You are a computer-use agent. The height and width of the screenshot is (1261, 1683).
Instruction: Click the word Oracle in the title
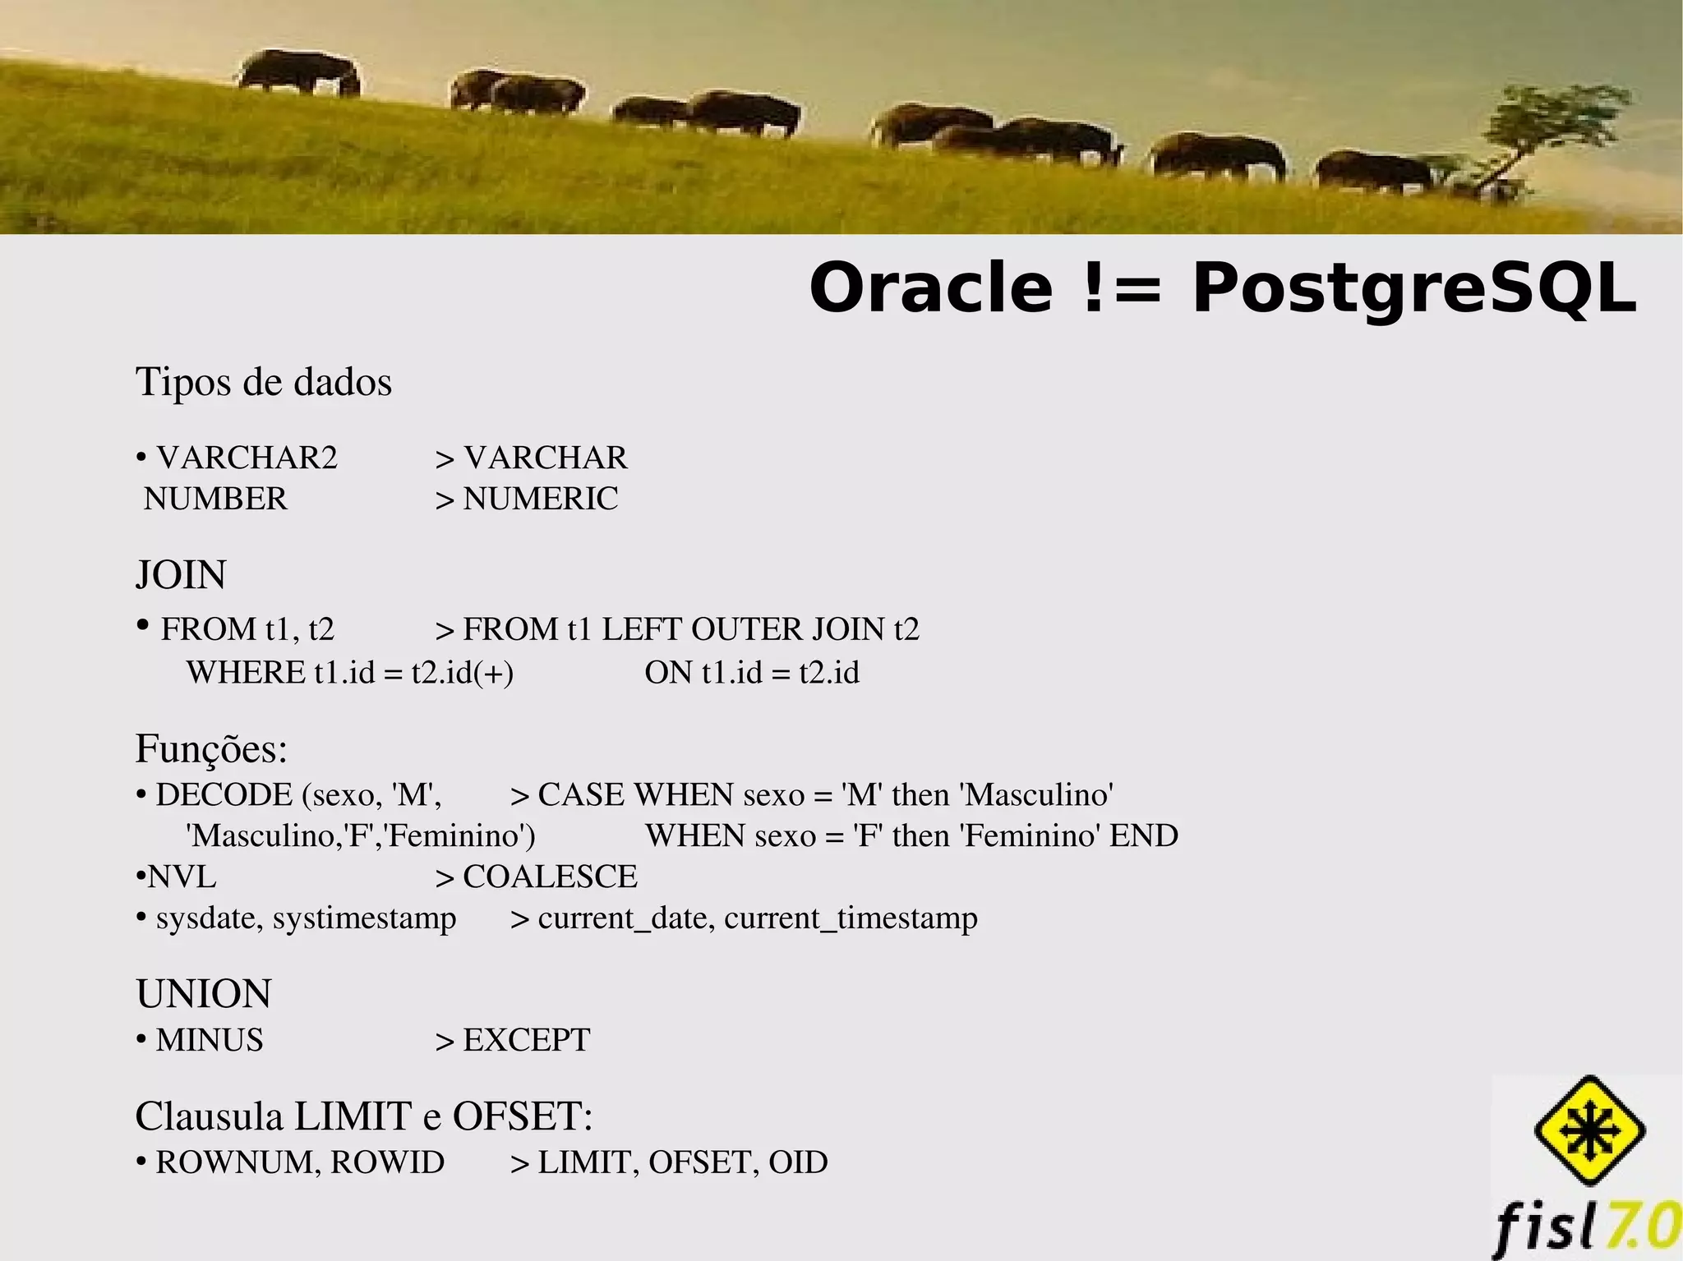(930, 288)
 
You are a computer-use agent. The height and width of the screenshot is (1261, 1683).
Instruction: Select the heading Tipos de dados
(264, 382)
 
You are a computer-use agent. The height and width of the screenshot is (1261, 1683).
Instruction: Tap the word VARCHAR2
(247, 458)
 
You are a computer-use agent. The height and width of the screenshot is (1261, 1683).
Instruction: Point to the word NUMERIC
(540, 499)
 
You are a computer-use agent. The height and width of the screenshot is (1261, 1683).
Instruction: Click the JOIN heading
(181, 575)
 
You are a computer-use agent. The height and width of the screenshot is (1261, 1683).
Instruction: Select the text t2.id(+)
(462, 673)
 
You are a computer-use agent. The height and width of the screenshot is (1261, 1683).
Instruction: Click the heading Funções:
(211, 748)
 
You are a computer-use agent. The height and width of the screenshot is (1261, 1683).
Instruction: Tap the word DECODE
(224, 794)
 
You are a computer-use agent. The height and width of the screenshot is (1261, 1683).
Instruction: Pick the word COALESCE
(550, 877)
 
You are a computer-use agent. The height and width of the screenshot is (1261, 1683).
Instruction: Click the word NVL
(182, 877)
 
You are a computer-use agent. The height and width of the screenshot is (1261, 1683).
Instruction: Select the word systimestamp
(364, 918)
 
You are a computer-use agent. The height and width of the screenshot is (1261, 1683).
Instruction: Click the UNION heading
(204, 994)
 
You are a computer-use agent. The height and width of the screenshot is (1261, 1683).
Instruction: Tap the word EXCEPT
(526, 1040)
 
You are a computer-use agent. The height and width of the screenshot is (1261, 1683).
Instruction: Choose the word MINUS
(210, 1040)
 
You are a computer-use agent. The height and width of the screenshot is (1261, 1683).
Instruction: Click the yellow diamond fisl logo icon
(1589, 1130)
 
